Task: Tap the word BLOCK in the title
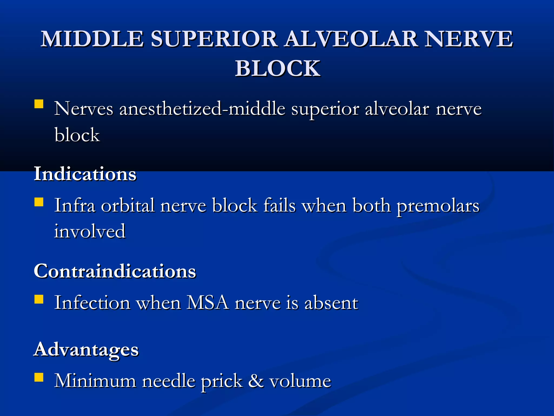[278, 68]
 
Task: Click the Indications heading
[85, 174]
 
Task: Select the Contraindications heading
[115, 271]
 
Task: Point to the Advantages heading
[86, 349]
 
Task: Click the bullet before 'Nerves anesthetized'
[39, 104]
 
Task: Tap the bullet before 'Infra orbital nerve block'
[39, 202]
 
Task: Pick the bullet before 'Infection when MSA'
[39, 299]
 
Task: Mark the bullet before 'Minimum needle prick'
[39, 377]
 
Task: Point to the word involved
[90, 231]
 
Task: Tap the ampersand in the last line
[256, 381]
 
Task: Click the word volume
[300, 381]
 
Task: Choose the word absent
[331, 303]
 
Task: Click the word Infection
[92, 303]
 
